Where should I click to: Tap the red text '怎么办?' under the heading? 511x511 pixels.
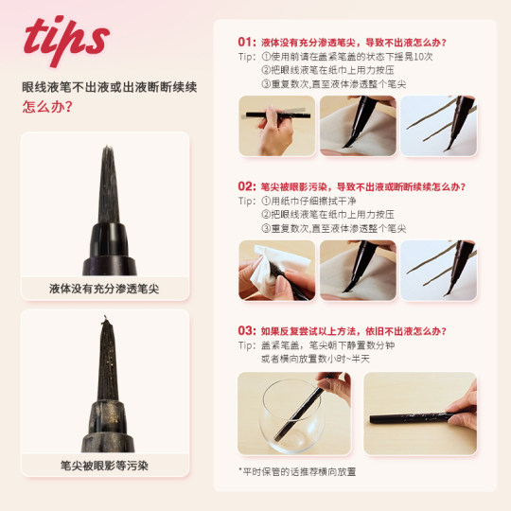click(46, 106)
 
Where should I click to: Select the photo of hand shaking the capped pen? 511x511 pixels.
click(275, 125)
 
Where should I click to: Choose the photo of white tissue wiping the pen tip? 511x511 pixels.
click(275, 269)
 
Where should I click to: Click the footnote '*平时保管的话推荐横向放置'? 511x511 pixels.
click(297, 470)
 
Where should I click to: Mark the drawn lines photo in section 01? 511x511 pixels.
click(438, 125)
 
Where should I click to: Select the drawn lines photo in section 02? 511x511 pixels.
click(438, 269)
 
